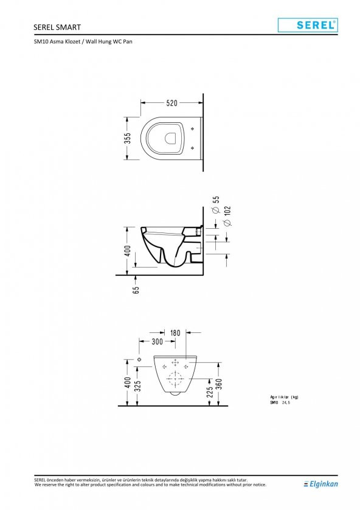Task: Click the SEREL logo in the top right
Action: (x=307, y=25)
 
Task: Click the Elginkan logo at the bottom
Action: (x=321, y=484)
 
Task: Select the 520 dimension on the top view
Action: (x=171, y=103)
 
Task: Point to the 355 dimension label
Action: (x=128, y=138)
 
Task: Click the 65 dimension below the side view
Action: (x=136, y=290)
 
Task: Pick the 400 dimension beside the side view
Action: (x=128, y=251)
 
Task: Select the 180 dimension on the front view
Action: (x=175, y=333)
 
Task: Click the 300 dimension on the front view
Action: (x=156, y=341)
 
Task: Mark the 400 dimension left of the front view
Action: (x=127, y=383)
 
